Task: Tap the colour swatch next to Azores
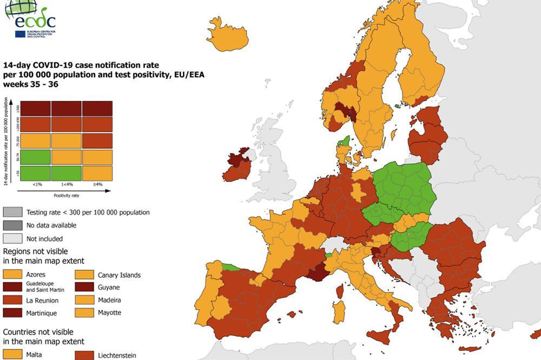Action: (x=13, y=275)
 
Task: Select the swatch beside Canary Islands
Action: (x=85, y=275)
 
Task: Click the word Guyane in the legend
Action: (x=109, y=287)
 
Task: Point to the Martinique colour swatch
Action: (x=13, y=312)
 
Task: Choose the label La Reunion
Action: (x=42, y=300)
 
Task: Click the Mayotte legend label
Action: (x=109, y=312)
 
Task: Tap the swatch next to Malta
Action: (x=13, y=355)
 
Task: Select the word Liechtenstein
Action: (x=117, y=355)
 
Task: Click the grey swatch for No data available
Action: (x=13, y=225)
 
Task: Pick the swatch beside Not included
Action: (x=13, y=238)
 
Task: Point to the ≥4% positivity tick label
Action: (x=97, y=185)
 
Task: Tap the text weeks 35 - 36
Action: (x=30, y=84)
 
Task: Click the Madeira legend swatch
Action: (x=85, y=300)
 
